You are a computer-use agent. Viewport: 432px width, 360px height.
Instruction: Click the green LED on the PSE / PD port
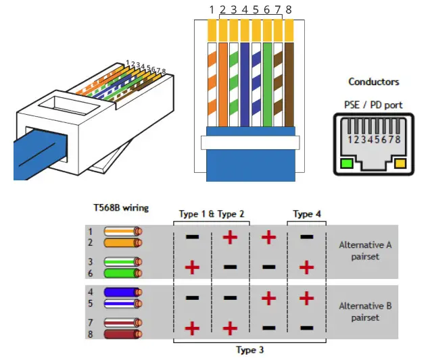click(347, 163)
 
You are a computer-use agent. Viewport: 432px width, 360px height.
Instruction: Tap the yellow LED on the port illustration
click(400, 163)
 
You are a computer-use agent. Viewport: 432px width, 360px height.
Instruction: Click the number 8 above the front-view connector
click(289, 9)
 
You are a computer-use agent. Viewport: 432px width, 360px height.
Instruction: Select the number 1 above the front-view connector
click(212, 9)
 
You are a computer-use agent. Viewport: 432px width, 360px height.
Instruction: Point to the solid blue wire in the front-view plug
click(245, 84)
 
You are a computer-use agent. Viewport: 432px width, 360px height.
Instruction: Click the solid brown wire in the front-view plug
click(289, 84)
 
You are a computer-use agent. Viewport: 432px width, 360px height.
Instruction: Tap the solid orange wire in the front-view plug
click(223, 84)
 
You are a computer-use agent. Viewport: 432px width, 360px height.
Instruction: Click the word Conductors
click(374, 82)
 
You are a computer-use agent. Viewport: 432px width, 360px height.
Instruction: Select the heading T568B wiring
click(121, 207)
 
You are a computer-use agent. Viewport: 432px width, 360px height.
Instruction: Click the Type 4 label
click(307, 214)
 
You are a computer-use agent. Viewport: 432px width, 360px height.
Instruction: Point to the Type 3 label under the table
click(250, 350)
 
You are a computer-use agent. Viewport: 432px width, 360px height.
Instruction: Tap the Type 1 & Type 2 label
click(212, 214)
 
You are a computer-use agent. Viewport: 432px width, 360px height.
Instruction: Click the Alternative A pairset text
click(365, 251)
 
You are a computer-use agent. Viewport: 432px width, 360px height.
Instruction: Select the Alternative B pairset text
click(365, 312)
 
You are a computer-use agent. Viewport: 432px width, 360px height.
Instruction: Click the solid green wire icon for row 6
click(123, 273)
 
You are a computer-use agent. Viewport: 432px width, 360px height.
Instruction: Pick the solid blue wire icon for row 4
click(123, 292)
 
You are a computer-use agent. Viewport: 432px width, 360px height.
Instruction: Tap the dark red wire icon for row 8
click(123, 334)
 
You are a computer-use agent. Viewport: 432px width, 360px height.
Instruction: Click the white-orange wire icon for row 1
click(123, 231)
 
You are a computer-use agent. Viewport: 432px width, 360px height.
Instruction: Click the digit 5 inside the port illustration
click(377, 139)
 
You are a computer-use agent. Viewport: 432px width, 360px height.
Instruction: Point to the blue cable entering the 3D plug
click(41, 154)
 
